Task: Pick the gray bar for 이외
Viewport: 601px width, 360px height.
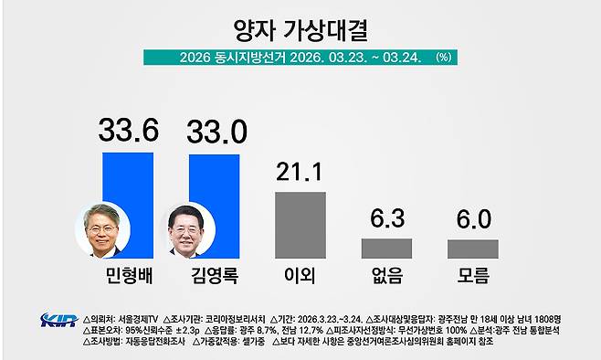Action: (300, 225)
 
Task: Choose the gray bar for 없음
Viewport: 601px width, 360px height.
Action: (386, 248)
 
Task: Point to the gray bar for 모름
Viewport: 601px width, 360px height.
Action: (472, 249)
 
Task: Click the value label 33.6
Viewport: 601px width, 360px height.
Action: (128, 132)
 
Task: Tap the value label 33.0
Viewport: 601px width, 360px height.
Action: (216, 132)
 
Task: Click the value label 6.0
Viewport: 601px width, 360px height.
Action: (473, 218)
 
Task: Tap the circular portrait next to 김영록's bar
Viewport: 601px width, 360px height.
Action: (186, 230)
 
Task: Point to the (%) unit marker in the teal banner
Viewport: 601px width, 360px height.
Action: (444, 57)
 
